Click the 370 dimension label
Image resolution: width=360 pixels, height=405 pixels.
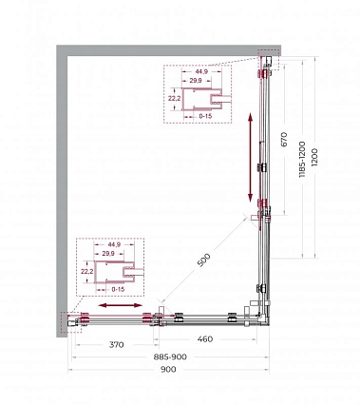pos(117,344)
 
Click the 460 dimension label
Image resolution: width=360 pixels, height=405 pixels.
pos(205,339)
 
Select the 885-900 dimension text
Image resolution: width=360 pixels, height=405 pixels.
pos(170,357)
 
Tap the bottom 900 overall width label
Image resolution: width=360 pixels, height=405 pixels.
pos(168,369)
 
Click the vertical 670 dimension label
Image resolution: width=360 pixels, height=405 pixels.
pos(284,139)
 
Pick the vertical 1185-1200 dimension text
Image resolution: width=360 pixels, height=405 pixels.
pos(302,160)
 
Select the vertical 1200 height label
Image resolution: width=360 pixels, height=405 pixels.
pos(314,158)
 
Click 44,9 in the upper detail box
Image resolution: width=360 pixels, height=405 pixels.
pos(202,71)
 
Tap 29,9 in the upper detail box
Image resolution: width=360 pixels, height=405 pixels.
pos(196,81)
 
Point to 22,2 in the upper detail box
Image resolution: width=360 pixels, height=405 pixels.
pos(174,99)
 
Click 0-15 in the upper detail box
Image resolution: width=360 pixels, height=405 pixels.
pos(205,116)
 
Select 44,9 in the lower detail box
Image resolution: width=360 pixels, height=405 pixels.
pos(114,244)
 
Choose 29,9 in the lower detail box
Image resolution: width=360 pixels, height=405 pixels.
pos(108,253)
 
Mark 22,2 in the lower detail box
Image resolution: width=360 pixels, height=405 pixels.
pos(86,271)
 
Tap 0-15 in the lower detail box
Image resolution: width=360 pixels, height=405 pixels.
pos(118,289)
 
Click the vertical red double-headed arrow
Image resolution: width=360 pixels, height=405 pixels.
pos(250,158)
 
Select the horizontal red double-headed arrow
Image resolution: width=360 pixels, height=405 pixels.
pos(121,305)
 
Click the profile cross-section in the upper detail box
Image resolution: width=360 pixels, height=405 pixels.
pos(201,99)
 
